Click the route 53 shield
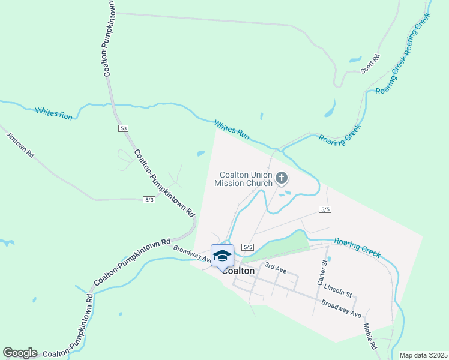123,128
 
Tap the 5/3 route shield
149,200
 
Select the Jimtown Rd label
20,144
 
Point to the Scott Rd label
370,64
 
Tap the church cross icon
282,178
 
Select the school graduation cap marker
222,256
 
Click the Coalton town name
240,271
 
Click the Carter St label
324,272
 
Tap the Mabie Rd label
369,337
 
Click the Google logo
20,353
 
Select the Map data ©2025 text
423,355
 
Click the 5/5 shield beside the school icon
248,247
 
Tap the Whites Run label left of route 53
54,113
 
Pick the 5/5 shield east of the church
326,209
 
